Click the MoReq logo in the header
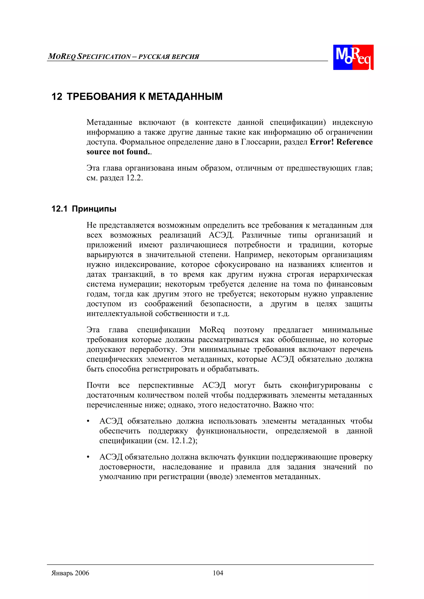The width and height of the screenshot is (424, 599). [x=353, y=57]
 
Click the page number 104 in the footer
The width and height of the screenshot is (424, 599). [x=218, y=573]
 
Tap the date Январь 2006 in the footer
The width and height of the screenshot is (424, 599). [x=70, y=573]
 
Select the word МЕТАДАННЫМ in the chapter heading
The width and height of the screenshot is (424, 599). [x=185, y=97]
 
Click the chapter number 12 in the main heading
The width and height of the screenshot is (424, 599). [x=57, y=97]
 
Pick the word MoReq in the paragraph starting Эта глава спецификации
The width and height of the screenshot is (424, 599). [x=212, y=330]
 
